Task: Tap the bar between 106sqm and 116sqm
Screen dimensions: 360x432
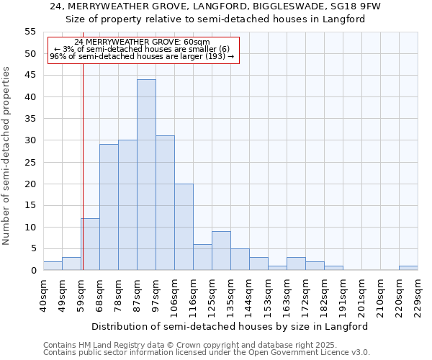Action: pos(184,227)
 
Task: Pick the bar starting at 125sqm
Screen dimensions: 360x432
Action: pos(221,251)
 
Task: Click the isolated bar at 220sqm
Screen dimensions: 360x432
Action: pos(408,268)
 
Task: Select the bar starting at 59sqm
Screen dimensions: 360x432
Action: pos(90,244)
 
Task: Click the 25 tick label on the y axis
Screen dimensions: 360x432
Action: pos(30,162)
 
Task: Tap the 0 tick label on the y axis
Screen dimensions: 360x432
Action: pos(32,271)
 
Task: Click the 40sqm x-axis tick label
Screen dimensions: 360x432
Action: pos(44,294)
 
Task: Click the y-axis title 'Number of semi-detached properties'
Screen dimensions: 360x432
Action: pos(6,156)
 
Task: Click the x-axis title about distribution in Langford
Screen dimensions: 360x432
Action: pos(230,326)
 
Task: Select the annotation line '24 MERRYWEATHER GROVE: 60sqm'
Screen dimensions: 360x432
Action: pos(142,42)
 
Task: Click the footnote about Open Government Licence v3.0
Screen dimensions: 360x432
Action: pos(207,352)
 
